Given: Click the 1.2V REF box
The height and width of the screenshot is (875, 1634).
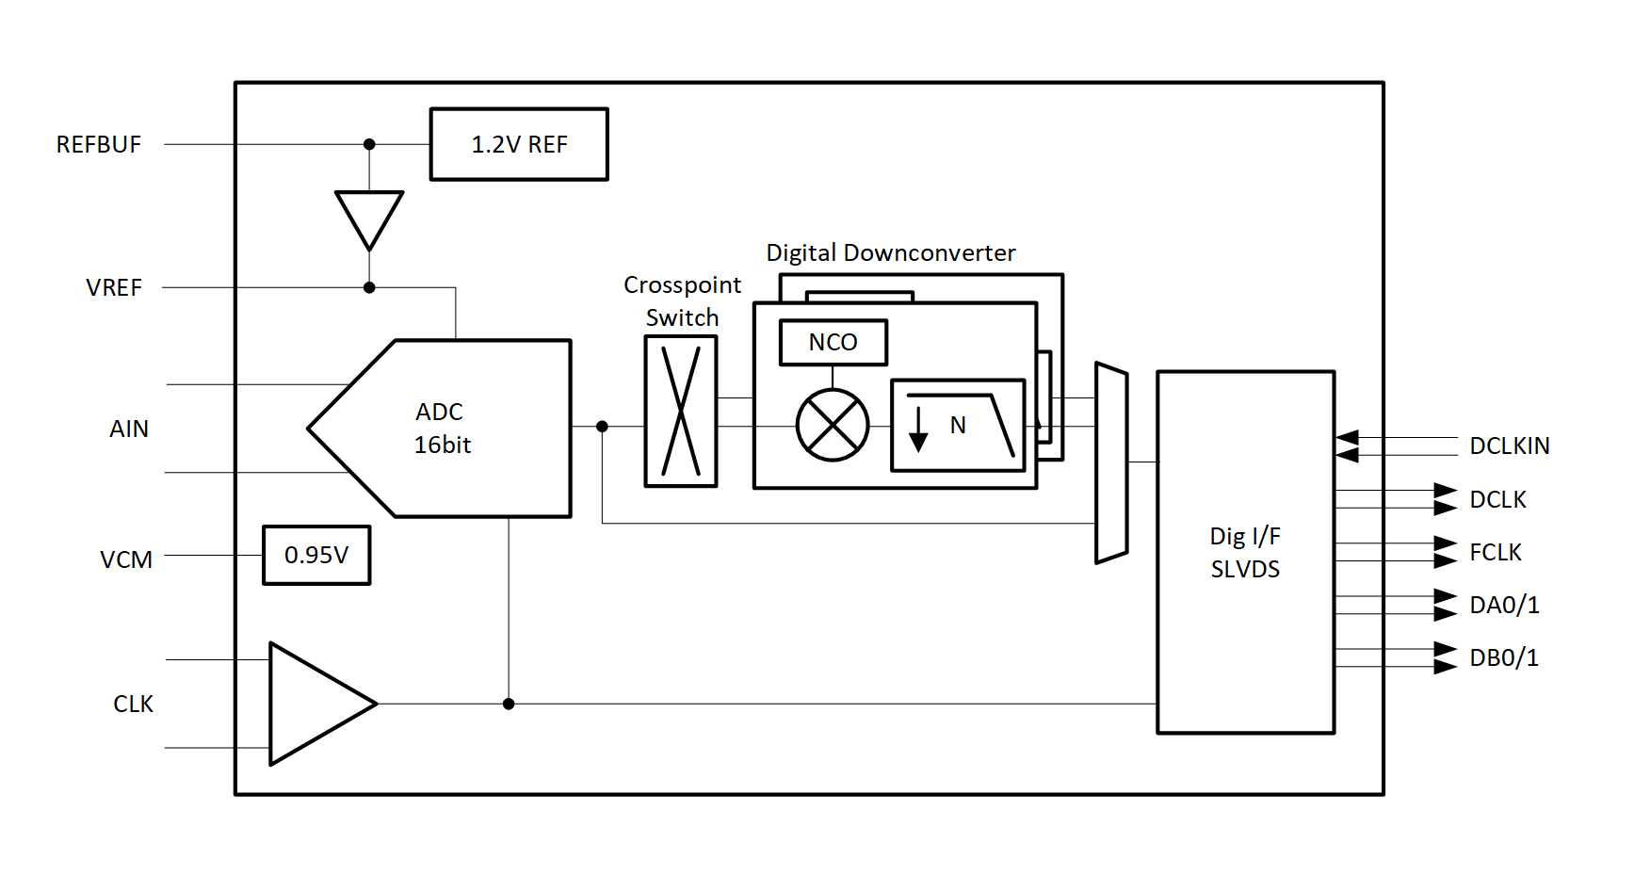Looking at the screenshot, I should (x=519, y=144).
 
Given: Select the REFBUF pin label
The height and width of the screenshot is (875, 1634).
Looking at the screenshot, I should (x=99, y=145).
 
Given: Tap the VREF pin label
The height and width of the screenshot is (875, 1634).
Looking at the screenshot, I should (x=114, y=288).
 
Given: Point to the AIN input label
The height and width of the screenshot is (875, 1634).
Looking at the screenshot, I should (x=129, y=429).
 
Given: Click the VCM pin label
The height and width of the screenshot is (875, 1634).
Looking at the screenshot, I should (x=126, y=560).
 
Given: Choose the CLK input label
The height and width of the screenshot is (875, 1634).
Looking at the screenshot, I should (x=133, y=705).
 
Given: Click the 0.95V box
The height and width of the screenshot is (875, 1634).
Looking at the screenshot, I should (x=316, y=556).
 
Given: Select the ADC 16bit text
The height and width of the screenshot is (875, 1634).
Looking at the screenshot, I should (x=442, y=429).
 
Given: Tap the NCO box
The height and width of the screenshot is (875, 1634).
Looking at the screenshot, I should (x=833, y=343).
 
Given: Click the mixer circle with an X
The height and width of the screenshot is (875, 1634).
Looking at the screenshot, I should (x=833, y=426).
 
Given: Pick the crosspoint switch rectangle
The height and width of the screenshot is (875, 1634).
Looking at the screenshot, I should (x=681, y=412).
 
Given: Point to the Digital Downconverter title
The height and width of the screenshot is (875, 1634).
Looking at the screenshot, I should (x=890, y=253).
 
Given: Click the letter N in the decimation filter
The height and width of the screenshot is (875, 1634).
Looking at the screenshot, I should (x=958, y=426).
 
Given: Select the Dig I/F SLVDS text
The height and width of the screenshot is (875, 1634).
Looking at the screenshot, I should (x=1245, y=553).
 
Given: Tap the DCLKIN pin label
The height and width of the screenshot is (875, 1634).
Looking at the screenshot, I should (x=1509, y=446).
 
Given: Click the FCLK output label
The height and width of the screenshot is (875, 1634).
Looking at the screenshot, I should (x=1496, y=553).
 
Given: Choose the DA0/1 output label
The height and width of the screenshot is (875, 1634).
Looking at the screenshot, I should (x=1504, y=606).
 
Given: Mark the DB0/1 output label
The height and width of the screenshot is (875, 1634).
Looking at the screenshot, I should (x=1504, y=658).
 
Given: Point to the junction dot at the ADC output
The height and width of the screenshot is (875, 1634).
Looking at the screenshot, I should (x=603, y=427).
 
